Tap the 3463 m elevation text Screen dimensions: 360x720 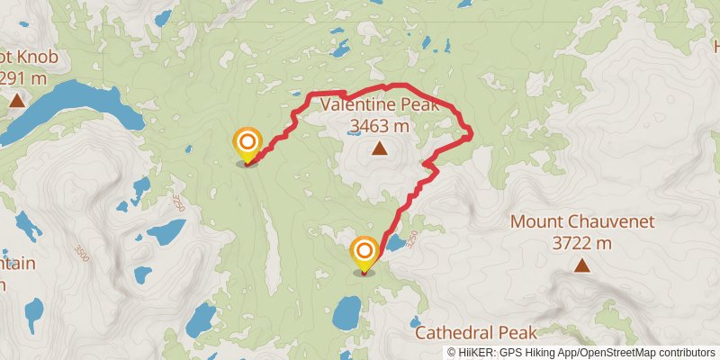pos(379,126)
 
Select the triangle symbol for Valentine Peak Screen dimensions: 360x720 pos(379,148)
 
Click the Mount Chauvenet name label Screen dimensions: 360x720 pos(582,221)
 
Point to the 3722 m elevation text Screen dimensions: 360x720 pos(582,242)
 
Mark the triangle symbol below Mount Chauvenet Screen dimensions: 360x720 pos(582,265)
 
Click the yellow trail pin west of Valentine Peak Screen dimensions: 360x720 pos(247,144)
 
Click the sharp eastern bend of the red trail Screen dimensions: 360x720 pos(470,135)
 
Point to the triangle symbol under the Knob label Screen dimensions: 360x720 pos(17,100)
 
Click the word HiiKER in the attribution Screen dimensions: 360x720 pos(474,352)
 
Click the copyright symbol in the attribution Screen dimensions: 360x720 pos(451,352)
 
